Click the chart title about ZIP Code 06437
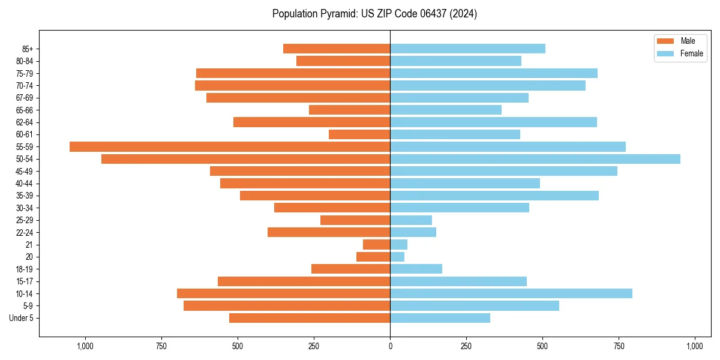point(374,14)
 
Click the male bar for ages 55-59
point(230,147)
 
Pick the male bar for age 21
point(377,245)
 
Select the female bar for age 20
point(397,257)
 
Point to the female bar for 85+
point(467,49)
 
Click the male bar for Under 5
point(310,318)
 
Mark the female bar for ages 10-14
point(511,293)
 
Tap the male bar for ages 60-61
point(359,134)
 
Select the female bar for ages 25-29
point(411,220)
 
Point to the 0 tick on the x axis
point(390,346)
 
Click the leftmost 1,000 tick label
point(85,346)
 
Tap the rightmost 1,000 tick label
point(695,346)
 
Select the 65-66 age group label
point(25,110)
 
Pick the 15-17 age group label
point(25,281)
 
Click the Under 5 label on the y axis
point(22,318)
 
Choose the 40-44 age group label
point(25,184)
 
